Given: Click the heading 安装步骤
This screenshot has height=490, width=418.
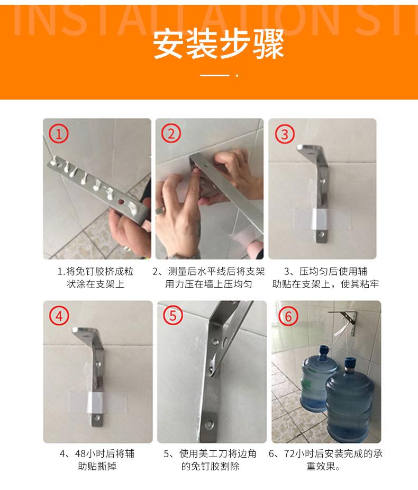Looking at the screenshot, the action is (218, 44).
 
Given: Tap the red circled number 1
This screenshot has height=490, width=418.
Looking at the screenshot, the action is (58, 133).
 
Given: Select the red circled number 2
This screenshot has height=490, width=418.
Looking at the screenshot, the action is (171, 133).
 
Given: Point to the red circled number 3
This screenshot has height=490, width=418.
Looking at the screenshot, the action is (284, 134).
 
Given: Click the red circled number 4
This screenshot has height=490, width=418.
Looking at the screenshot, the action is (59, 316).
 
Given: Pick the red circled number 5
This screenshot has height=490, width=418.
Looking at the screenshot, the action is (172, 315).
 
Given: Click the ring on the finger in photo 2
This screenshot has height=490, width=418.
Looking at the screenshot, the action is (159, 210).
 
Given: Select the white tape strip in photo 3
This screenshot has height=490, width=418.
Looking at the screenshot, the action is (320, 219).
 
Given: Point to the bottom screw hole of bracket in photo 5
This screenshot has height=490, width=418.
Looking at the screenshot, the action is (209, 424).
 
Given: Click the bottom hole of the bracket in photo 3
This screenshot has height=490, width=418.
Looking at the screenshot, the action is (322, 234).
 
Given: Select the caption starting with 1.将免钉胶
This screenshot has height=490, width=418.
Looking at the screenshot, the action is (96, 278).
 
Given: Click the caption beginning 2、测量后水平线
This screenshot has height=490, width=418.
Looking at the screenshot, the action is (208, 278).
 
